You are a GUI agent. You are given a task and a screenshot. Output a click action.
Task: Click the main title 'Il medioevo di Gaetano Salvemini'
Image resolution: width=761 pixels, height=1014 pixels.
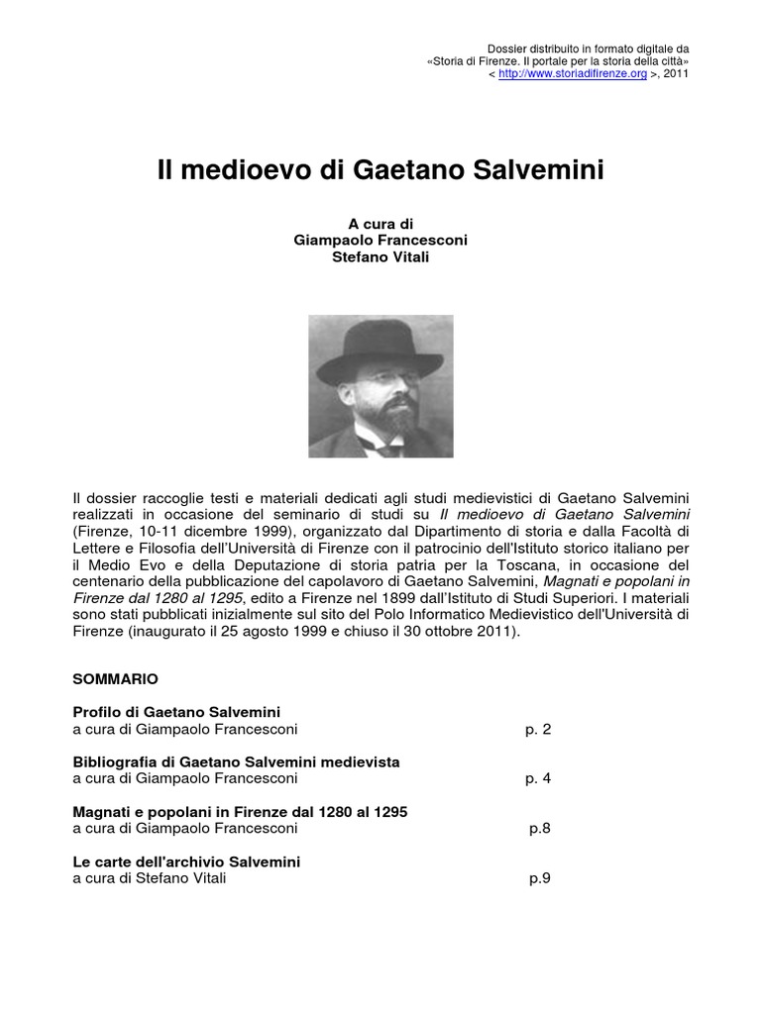coord(380,170)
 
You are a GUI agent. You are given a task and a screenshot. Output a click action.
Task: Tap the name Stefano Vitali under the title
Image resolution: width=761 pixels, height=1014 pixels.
coord(380,257)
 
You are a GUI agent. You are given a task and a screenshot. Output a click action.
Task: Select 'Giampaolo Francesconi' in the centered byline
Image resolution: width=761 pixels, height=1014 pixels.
coord(380,241)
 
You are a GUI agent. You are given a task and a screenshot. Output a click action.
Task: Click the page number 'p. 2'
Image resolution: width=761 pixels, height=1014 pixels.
coord(538,730)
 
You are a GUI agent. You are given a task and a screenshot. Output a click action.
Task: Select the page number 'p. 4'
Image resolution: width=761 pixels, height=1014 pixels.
coord(538,779)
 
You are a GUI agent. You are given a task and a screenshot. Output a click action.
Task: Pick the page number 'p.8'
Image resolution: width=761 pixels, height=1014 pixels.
coord(539,829)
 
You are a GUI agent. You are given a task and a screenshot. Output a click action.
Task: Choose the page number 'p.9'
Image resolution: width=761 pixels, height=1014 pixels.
coord(539,878)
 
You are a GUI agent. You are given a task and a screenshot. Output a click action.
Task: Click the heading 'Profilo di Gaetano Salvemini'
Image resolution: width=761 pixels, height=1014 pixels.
coord(177,712)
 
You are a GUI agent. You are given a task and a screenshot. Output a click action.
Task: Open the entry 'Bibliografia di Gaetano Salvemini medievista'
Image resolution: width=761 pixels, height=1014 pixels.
coord(237,761)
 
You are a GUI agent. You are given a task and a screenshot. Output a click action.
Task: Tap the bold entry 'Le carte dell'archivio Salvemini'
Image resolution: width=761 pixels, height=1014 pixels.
coord(186,862)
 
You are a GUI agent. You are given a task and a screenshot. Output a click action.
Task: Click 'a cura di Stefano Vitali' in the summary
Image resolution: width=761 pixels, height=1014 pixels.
coord(150,878)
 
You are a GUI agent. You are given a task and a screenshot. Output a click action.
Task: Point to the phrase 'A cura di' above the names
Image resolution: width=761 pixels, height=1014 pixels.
coord(380,224)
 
